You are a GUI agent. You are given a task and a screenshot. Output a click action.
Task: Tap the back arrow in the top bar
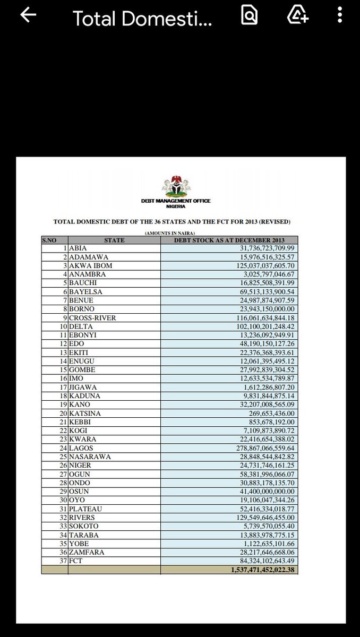pos(28,16)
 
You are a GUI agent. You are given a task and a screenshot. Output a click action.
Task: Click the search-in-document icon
pos(248,16)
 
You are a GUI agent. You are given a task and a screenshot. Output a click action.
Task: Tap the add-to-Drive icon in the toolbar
pos(298,16)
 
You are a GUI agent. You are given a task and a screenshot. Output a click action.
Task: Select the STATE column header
pos(114,240)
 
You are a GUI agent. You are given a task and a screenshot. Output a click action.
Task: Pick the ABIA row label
pos(77,248)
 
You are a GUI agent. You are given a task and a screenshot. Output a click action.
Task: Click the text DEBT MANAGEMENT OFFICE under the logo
pos(179,200)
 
